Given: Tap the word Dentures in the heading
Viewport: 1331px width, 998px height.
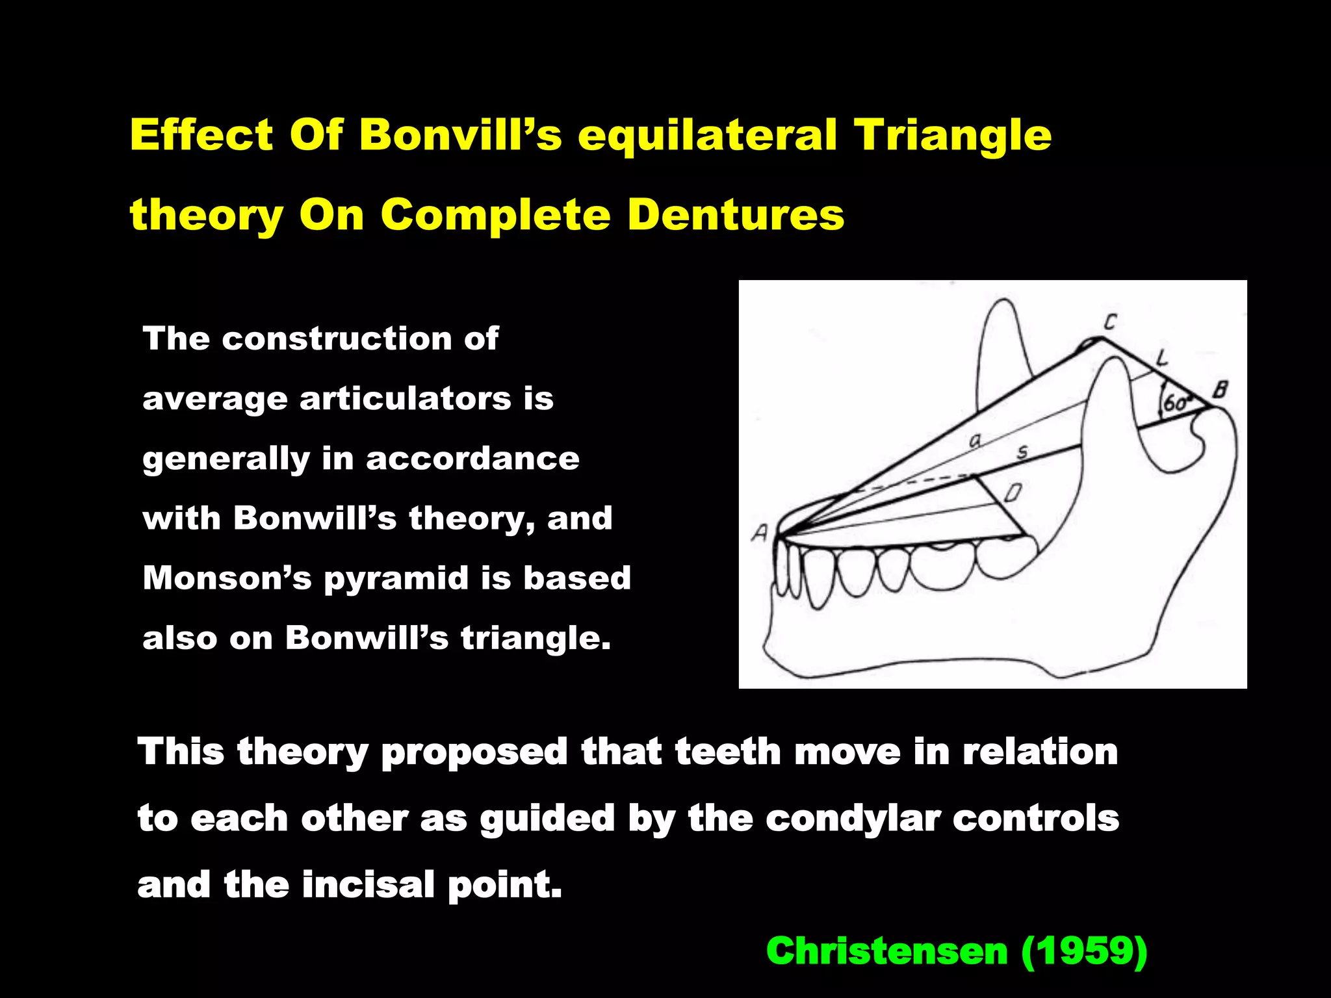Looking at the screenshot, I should click(736, 214).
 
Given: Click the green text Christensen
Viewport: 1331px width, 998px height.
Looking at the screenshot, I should click(886, 951).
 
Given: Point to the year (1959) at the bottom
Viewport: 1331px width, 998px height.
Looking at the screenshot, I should click(1084, 951).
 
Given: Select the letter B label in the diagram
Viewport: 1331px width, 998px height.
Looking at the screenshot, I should click(1220, 390).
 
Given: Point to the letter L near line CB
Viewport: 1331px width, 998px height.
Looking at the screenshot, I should click(1162, 357).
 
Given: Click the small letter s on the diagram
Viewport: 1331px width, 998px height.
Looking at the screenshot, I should click(1022, 452).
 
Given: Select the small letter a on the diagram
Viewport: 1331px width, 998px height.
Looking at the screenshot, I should click(975, 441).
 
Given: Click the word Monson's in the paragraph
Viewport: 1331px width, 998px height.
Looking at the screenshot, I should click(227, 578).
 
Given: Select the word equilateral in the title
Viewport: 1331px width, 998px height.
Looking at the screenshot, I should click(707, 136).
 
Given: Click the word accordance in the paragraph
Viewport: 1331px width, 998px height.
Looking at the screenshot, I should click(472, 458).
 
